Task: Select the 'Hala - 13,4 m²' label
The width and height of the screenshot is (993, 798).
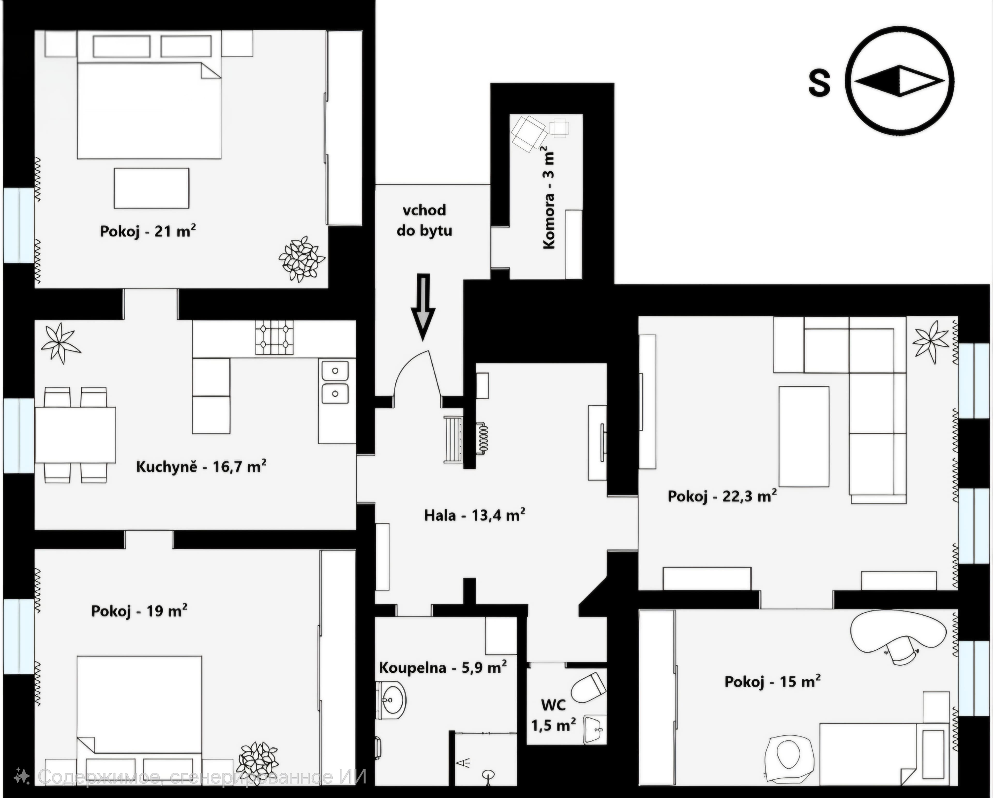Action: click(475, 515)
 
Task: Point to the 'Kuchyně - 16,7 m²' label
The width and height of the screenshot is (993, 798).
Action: click(201, 466)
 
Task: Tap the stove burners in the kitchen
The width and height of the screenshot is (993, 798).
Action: click(275, 338)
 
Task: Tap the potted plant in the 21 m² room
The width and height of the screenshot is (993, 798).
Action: click(302, 259)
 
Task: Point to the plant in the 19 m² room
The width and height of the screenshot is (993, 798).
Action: click(258, 763)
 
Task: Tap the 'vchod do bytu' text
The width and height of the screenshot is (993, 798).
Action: click(424, 220)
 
